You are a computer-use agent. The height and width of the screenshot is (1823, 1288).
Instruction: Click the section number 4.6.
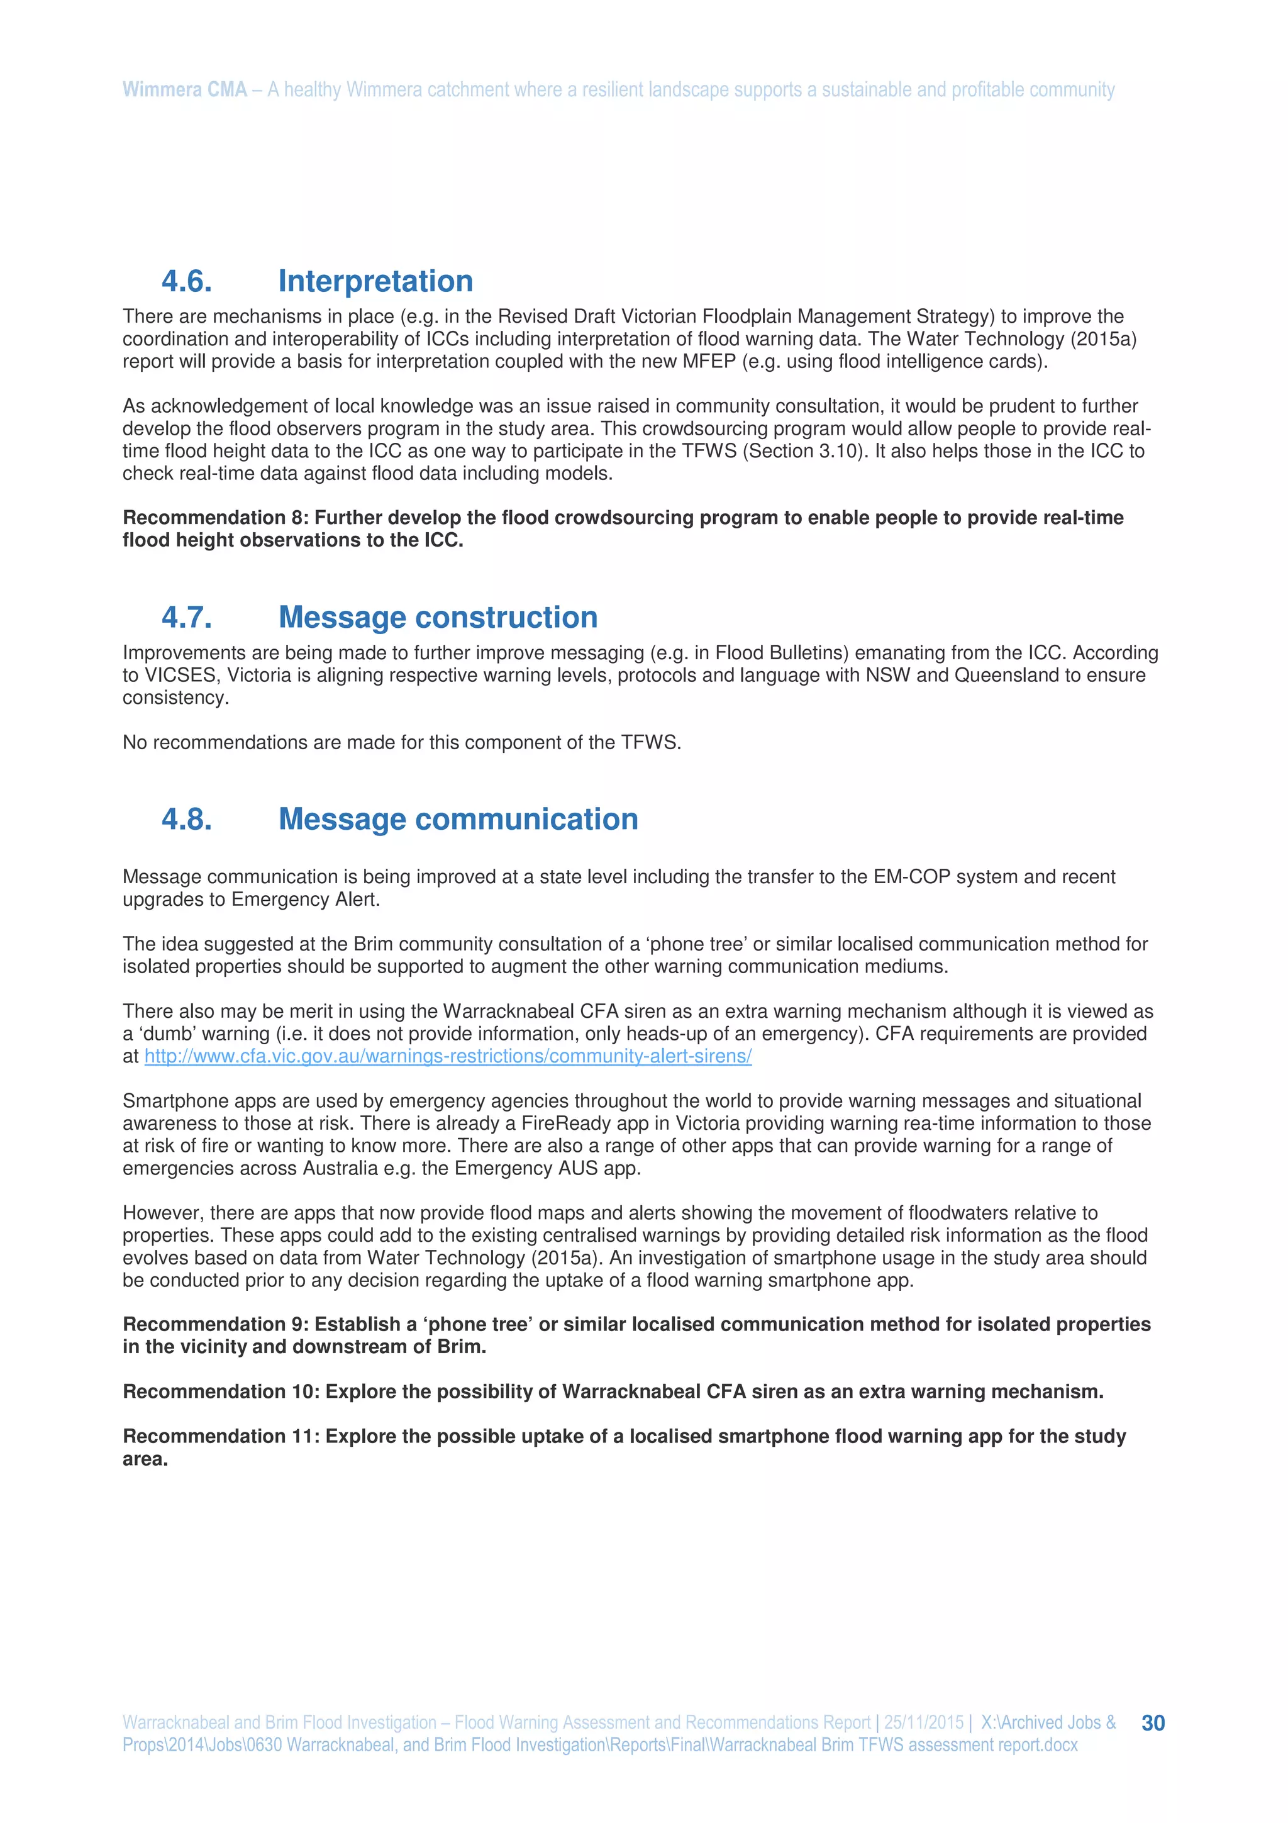pyautogui.click(x=187, y=281)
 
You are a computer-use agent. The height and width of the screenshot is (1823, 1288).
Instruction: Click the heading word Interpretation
pyautogui.click(x=375, y=281)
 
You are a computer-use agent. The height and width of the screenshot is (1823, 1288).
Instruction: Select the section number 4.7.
pyautogui.click(x=187, y=617)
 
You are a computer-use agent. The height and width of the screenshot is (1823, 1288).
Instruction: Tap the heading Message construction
pyautogui.click(x=438, y=617)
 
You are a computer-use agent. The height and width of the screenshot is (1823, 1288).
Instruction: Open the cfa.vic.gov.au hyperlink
pyautogui.click(x=448, y=1056)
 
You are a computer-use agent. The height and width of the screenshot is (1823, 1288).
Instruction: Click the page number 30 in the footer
pyautogui.click(x=1152, y=1722)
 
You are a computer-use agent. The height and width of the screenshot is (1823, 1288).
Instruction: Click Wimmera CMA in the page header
pyautogui.click(x=185, y=90)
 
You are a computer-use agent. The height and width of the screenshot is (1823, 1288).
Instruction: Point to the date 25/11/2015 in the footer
pyautogui.click(x=923, y=1722)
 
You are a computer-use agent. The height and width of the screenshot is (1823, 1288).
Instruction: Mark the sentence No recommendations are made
pyautogui.click(x=401, y=742)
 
